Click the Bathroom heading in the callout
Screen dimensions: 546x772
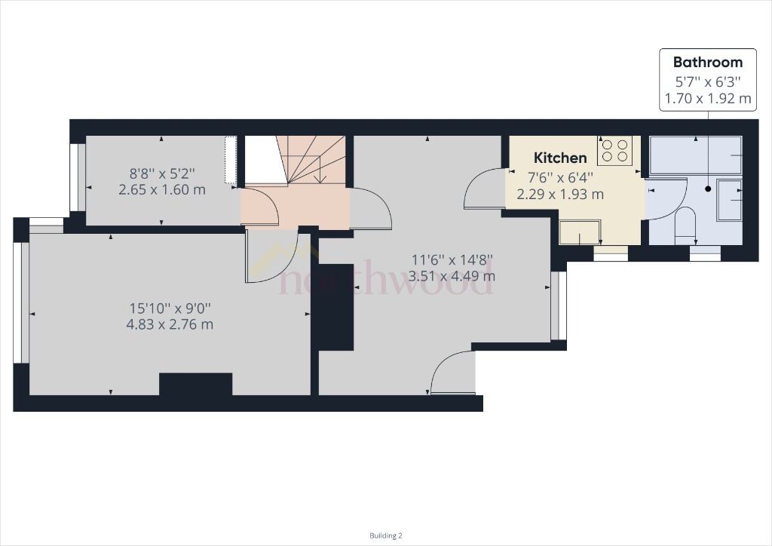[707, 63]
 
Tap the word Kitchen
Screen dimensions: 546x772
[560, 158]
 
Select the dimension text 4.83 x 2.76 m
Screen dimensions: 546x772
[170, 324]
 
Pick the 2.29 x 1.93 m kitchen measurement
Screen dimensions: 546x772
[560, 194]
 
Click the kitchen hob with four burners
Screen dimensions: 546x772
[614, 151]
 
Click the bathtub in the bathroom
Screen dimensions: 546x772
[695, 155]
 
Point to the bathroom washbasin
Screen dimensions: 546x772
[729, 199]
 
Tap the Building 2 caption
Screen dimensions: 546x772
[386, 535]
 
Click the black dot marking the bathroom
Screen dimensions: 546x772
[708, 189]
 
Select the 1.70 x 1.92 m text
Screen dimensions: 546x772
[707, 98]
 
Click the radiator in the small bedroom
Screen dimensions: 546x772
[231, 159]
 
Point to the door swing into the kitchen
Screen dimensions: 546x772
[482, 189]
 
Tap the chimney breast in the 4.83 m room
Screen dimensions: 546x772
[195, 384]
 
